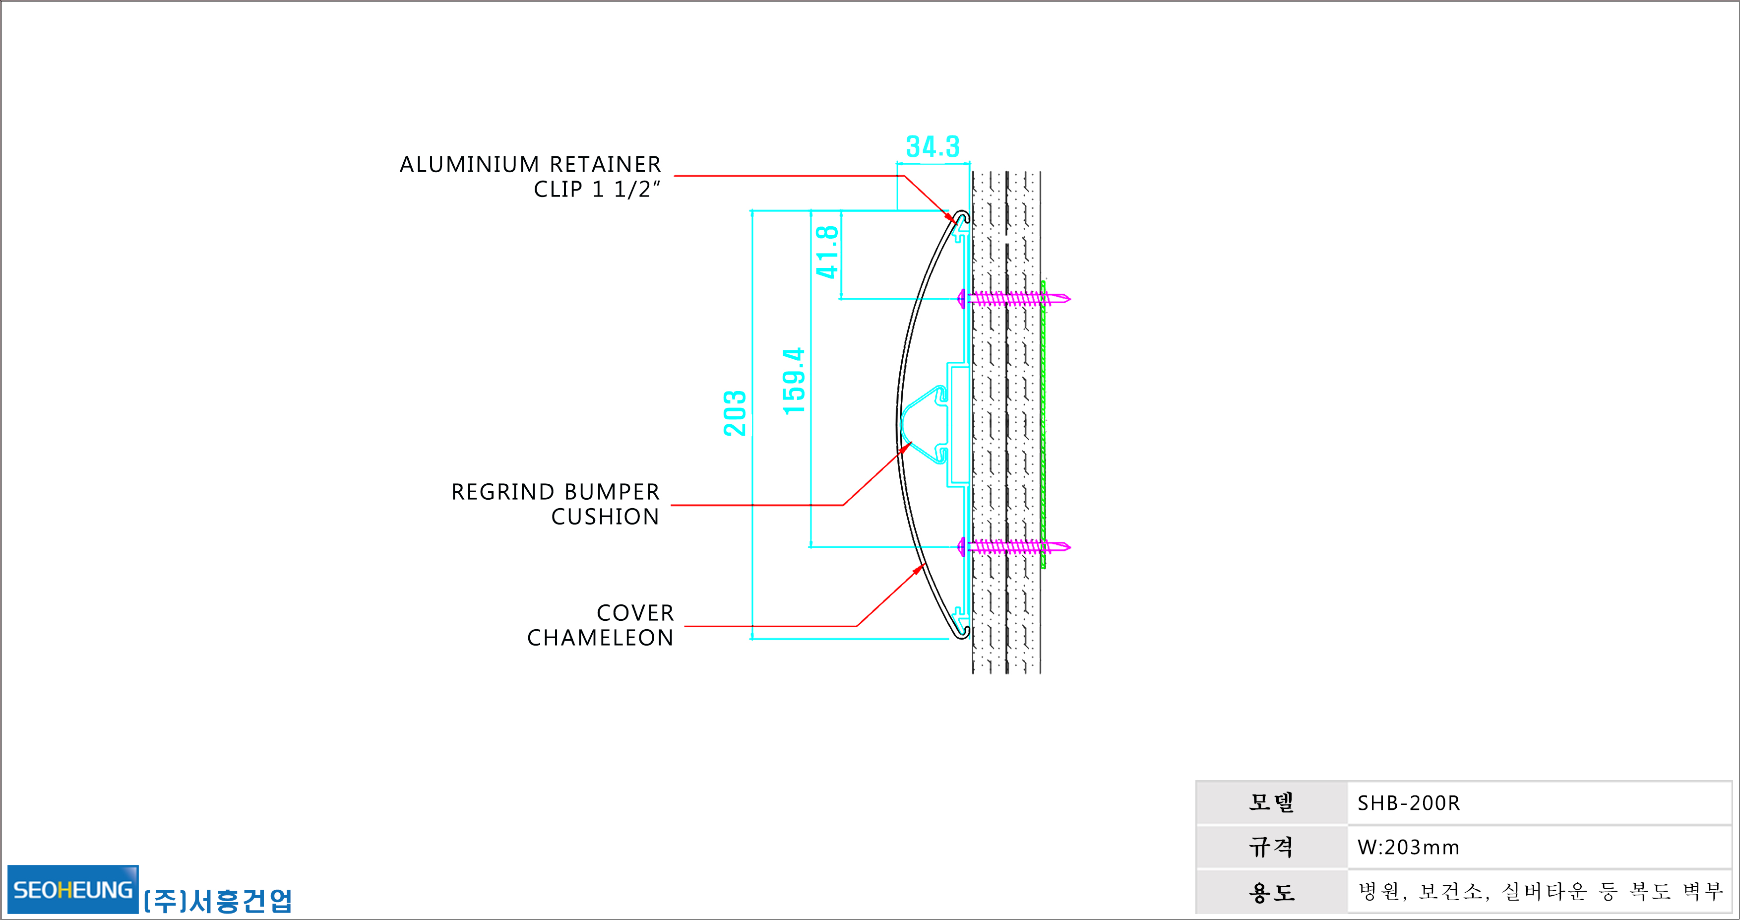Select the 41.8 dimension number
coord(827,252)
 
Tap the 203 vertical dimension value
coord(735,413)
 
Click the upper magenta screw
coord(1014,298)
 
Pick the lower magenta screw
coord(1014,546)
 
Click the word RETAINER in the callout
coord(605,164)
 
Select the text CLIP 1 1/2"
coord(597,189)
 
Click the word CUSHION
coord(605,517)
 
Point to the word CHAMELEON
coord(601,638)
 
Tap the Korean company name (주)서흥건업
coord(217,900)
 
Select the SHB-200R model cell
coord(1540,802)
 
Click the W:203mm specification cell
coord(1540,847)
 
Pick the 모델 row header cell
coord(1271,802)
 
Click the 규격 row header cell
coord(1271,847)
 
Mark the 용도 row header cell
coord(1271,892)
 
